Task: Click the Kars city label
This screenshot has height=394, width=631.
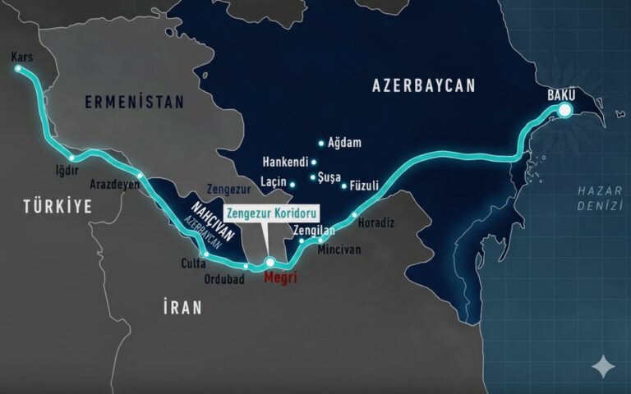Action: [22, 57]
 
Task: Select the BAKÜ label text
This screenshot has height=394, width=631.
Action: [563, 94]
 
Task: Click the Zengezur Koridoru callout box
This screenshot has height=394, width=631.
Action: [270, 211]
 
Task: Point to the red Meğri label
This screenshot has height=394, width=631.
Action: [279, 278]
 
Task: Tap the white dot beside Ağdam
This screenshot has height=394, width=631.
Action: [321, 143]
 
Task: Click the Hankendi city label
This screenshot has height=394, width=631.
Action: [284, 161]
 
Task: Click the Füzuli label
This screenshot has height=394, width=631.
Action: [365, 186]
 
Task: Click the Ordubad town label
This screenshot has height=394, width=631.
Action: [224, 277]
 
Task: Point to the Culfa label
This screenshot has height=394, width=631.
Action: [191, 264]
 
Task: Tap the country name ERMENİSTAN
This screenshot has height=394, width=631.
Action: [134, 102]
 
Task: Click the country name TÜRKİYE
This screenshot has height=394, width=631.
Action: [57, 206]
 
